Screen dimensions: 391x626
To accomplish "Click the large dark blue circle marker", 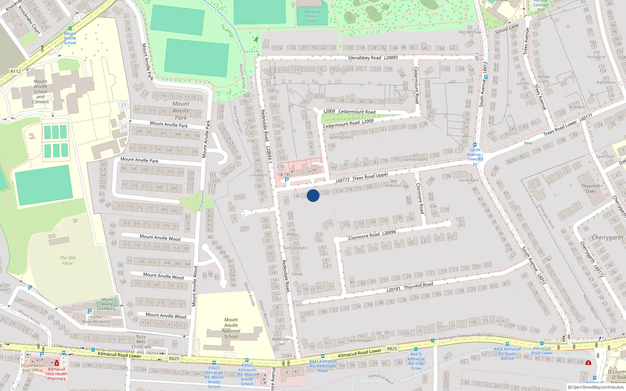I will click(313, 195).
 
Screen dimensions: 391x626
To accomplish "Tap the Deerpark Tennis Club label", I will click(312, 16).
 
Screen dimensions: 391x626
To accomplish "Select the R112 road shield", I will click(16, 71).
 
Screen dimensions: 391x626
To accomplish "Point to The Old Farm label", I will click(67, 260).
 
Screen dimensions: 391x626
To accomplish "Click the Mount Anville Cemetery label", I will click(107, 304).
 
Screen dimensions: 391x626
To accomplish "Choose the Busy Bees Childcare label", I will click(141, 341).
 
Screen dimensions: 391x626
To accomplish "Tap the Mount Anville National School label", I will click(231, 328).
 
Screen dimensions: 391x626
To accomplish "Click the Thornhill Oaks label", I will click(590, 188).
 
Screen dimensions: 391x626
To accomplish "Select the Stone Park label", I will click(469, 180).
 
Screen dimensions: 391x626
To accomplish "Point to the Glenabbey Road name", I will click(365, 58).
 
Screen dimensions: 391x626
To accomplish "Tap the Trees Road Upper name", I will click(370, 177).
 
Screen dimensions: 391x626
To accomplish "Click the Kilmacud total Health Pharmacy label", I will click(57, 374).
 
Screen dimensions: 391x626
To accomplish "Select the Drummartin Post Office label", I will click(32, 368).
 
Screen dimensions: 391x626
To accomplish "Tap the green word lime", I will click(528, 143).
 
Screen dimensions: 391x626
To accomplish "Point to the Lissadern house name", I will click(259, 175).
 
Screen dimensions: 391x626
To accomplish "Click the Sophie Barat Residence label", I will click(96, 319).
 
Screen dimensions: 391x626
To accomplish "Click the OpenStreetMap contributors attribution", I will click(595, 387).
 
